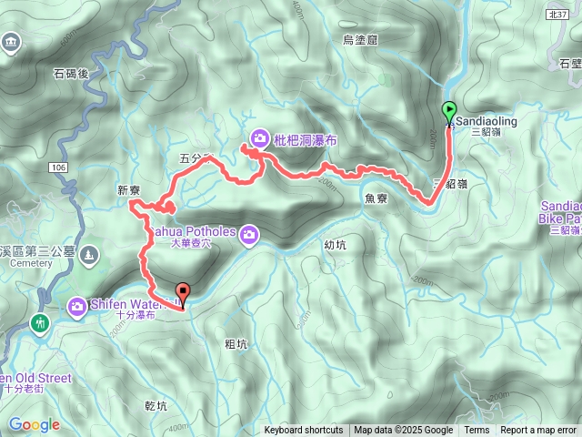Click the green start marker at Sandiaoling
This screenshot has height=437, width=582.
tap(449, 112)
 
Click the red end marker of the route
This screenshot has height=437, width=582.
tap(183, 294)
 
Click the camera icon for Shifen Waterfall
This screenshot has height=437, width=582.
tap(78, 306)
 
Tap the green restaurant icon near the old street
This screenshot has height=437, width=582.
tap(39, 322)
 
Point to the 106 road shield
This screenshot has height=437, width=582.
tap(58, 168)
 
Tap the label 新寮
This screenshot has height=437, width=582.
tap(129, 189)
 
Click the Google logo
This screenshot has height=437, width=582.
tap(34, 424)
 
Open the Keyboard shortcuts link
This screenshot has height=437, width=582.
tap(304, 431)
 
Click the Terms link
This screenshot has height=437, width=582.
tap(477, 431)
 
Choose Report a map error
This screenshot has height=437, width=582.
tap(538, 431)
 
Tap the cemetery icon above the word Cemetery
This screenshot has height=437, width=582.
tap(89, 252)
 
